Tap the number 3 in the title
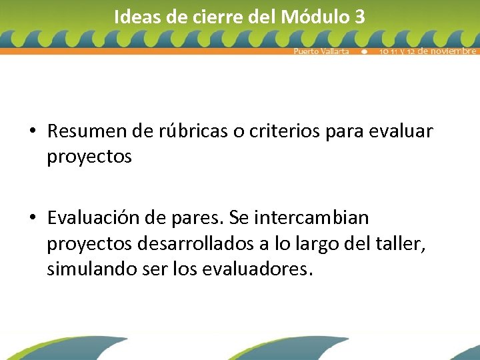pyautogui.click(x=360, y=17)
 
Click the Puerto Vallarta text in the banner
pyautogui.click(x=321, y=51)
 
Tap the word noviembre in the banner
pyautogui.click(x=447, y=51)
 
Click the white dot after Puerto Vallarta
pyautogui.click(x=364, y=51)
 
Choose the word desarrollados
pyautogui.click(x=195, y=244)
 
